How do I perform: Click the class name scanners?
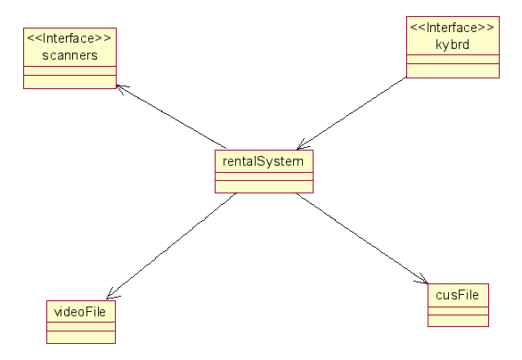pyautogui.click(x=69, y=55)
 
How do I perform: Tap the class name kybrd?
pyautogui.click(x=453, y=45)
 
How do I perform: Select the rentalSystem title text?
pyautogui.click(x=263, y=161)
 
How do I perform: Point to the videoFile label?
pyautogui.click(x=80, y=312)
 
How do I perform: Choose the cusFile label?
pyautogui.click(x=457, y=295)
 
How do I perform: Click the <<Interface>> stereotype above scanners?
pyautogui.click(x=69, y=38)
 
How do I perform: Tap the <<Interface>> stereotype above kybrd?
pyautogui.click(x=453, y=28)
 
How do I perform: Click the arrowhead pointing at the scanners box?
pyautogui.click(x=120, y=88)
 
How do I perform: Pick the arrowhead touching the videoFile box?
pyautogui.click(x=111, y=294)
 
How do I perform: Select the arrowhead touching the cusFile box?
pyautogui.click(x=423, y=280)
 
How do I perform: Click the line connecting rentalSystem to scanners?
pyautogui.click(x=171, y=117)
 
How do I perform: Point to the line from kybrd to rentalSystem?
pyautogui.click(x=352, y=113)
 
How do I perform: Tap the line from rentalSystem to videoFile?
pyautogui.click(x=171, y=246)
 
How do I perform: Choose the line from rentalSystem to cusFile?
pyautogui.click(x=363, y=239)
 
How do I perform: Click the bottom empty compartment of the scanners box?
pyautogui.click(x=69, y=82)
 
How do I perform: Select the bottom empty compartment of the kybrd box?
pyautogui.click(x=453, y=70)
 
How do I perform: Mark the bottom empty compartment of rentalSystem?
pyautogui.click(x=264, y=186)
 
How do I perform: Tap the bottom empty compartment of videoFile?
pyautogui.click(x=81, y=337)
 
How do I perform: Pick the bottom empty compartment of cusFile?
pyautogui.click(x=458, y=321)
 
